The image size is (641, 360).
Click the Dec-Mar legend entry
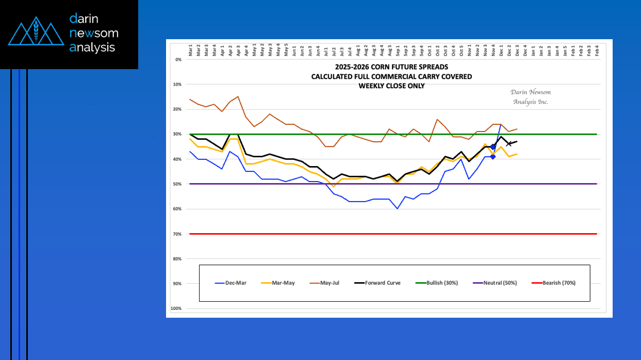230,283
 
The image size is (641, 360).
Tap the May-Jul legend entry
326,283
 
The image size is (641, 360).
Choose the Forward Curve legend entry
379,283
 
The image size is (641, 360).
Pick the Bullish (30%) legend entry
436,283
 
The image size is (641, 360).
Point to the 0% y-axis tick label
178,59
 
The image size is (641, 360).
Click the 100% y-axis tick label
176,308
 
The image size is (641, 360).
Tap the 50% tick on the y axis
178,184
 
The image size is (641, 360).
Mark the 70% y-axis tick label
178,234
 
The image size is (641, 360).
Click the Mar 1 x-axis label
190,50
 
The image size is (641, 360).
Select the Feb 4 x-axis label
597,50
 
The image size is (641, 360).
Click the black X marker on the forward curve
509,143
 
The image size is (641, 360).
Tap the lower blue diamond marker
493,156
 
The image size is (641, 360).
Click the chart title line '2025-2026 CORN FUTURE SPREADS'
391,67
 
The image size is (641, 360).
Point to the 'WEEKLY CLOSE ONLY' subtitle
391,86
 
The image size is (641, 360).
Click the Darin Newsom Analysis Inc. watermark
530,97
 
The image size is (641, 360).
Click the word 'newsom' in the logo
94,34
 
